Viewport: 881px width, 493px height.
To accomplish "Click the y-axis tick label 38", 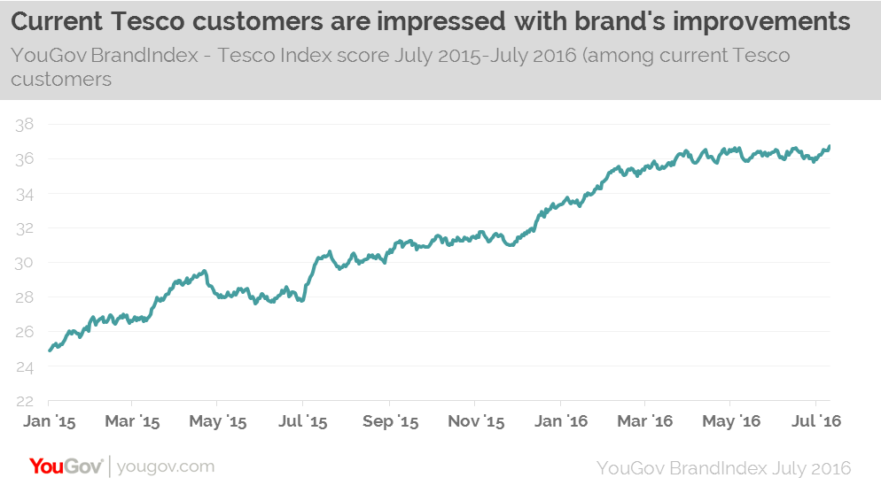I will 25,125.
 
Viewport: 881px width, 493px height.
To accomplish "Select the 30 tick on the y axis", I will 25,263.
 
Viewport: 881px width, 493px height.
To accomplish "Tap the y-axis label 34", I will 25,194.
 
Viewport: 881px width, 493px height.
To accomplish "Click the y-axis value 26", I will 25,332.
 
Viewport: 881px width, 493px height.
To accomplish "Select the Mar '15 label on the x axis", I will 132,421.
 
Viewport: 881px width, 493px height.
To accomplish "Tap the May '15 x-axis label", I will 218,421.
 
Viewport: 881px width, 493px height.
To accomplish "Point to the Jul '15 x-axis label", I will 304,421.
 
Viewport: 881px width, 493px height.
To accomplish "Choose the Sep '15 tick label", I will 391,421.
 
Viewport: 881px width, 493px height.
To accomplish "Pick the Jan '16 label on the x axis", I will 563,421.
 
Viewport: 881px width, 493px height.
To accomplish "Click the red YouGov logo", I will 66,466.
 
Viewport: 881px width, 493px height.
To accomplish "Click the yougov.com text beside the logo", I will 166,466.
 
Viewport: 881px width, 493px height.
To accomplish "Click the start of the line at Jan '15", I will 50,350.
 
